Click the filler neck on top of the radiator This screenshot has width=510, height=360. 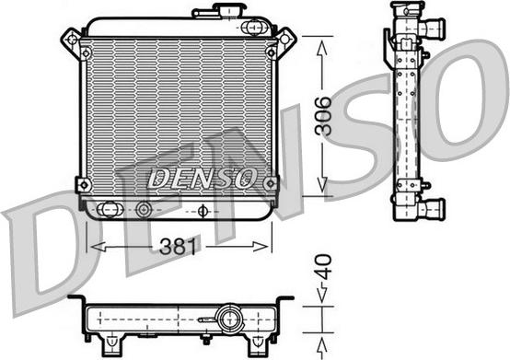pyautogui.click(x=222, y=12)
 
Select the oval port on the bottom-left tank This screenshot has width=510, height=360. pyautogui.click(x=110, y=208)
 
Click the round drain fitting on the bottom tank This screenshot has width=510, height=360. pyautogui.click(x=144, y=209)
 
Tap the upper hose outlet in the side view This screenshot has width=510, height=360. pyautogui.click(x=430, y=28)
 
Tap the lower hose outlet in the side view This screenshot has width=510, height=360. pyautogui.click(x=429, y=208)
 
